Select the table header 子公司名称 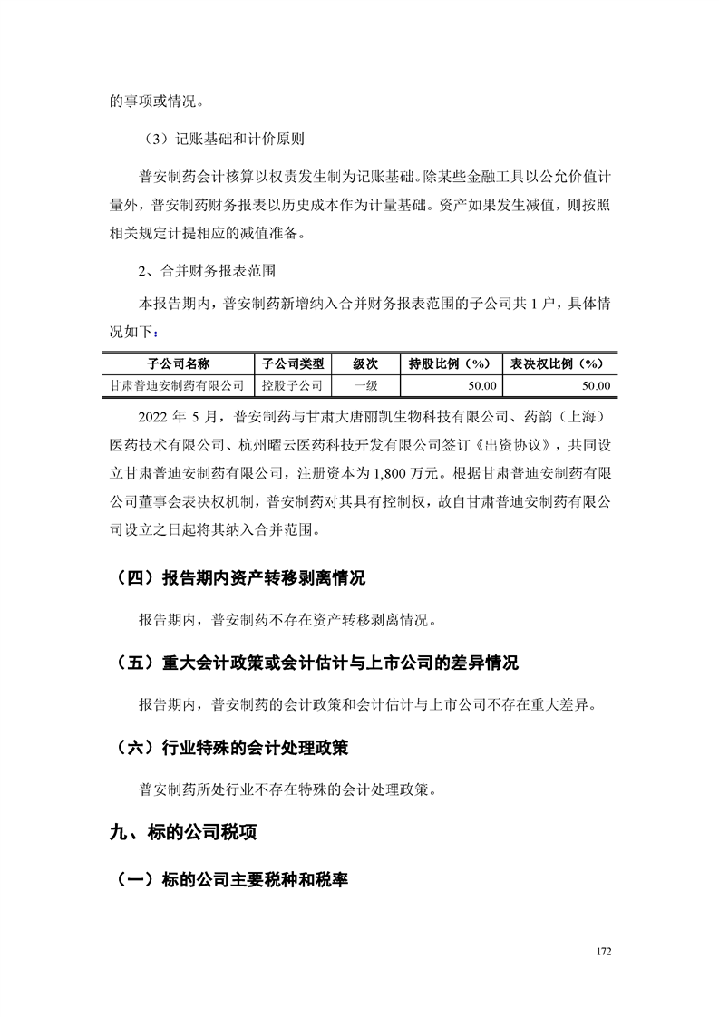(x=179, y=363)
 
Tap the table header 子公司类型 (x=292, y=363)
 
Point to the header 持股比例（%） (x=450, y=363)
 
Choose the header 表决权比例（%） (x=558, y=363)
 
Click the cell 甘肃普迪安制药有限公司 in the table (x=179, y=385)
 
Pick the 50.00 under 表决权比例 (x=595, y=385)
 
